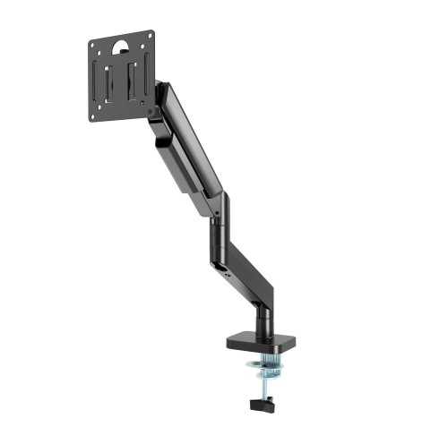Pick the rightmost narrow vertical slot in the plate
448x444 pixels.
pos(145,80)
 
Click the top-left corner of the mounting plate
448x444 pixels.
pos(91,38)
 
